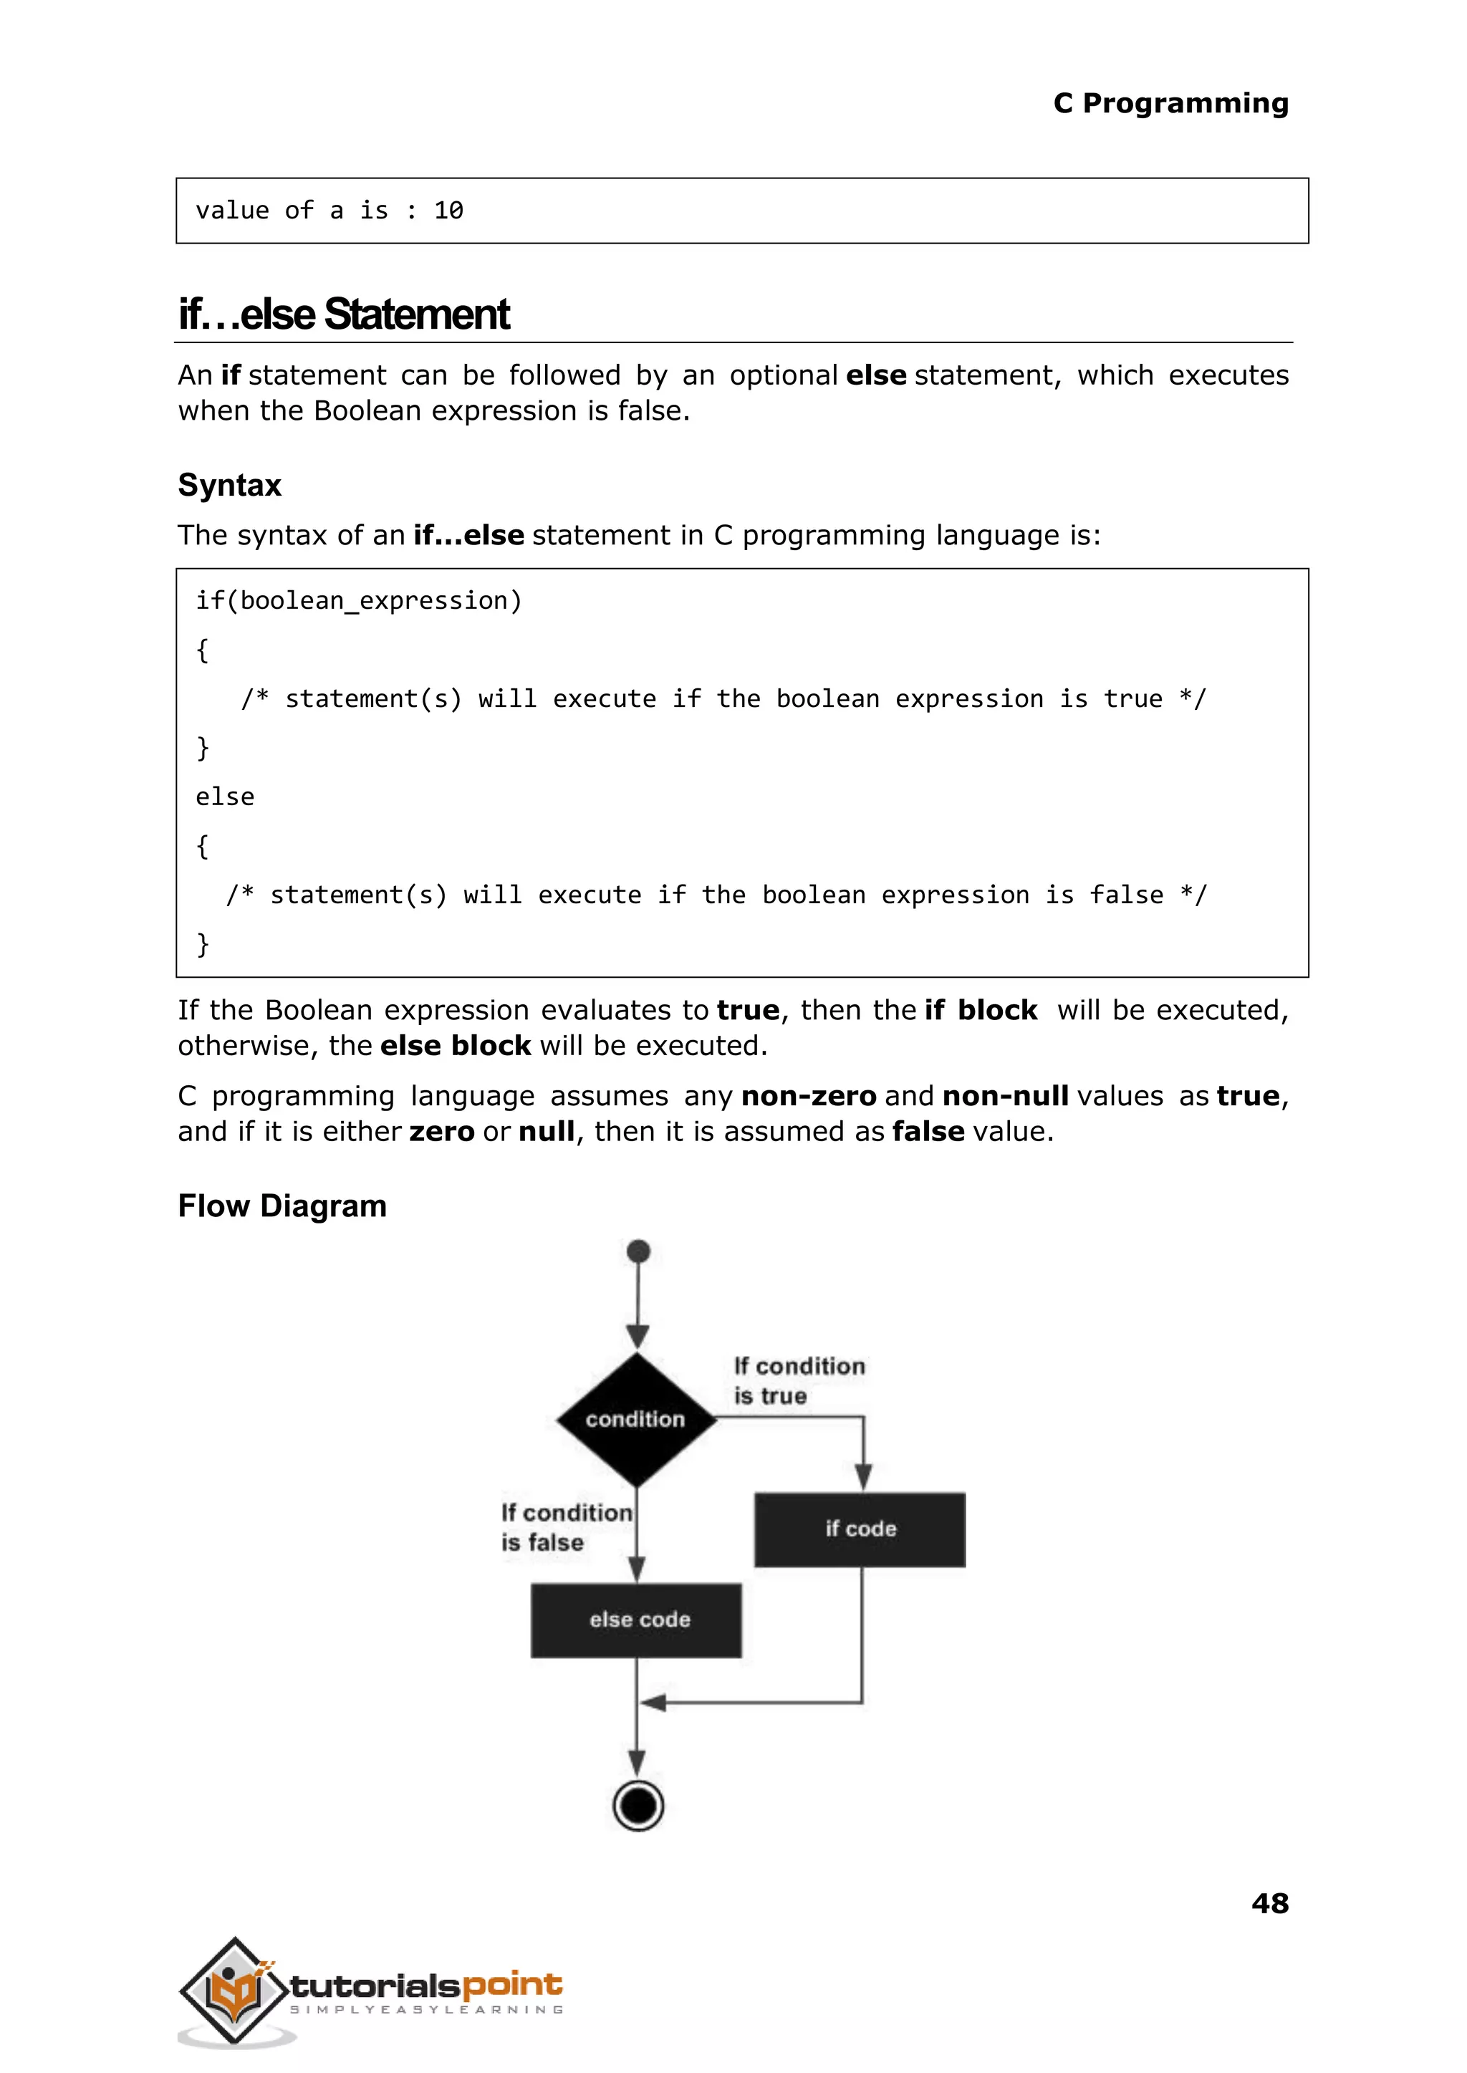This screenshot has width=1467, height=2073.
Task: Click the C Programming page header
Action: pyautogui.click(x=1170, y=103)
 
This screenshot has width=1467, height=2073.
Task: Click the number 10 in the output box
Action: pyautogui.click(x=449, y=211)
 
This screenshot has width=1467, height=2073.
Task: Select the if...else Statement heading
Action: pyautogui.click(x=344, y=314)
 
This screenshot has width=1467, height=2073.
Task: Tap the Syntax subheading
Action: pyautogui.click(x=229, y=485)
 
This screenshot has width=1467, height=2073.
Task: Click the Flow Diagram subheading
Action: pyautogui.click(x=282, y=1206)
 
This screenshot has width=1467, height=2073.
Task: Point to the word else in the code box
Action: pyautogui.click(x=225, y=797)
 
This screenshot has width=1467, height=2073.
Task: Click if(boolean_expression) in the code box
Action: pyautogui.click(x=359, y=601)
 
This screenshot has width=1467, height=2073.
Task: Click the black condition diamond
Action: pyautogui.click(x=637, y=1419)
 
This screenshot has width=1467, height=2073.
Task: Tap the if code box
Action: pyautogui.click(x=860, y=1529)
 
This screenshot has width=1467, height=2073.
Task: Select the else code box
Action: pyautogui.click(x=637, y=1620)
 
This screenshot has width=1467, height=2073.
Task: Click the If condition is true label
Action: pyautogui.click(x=799, y=1380)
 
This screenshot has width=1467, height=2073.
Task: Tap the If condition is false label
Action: pyautogui.click(x=565, y=1527)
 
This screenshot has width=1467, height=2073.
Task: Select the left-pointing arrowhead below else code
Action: pyautogui.click(x=654, y=1703)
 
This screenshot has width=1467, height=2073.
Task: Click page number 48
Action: pyautogui.click(x=1270, y=1904)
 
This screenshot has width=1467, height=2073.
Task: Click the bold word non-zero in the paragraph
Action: pyautogui.click(x=809, y=1096)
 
